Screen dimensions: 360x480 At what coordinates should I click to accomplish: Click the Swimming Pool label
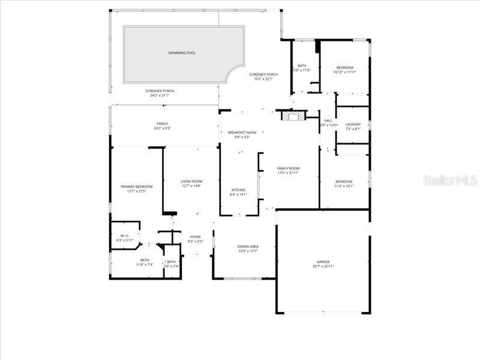point(182,53)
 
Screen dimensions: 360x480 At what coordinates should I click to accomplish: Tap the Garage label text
point(323,262)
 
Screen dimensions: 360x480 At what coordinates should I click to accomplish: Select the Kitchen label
point(238,190)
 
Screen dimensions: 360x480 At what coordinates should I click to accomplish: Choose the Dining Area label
point(248,247)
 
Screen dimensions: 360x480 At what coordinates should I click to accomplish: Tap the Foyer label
point(196,237)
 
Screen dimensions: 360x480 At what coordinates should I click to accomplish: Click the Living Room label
point(191,181)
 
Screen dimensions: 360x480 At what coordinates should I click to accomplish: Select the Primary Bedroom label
point(136,187)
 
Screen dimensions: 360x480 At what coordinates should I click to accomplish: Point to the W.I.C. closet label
point(125,236)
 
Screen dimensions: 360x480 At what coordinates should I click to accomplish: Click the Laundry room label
point(353,124)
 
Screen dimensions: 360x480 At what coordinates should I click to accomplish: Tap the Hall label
point(329,121)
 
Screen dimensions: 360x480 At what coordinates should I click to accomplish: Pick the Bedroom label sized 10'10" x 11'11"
point(344,68)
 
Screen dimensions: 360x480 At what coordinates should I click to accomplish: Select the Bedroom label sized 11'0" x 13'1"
point(344,182)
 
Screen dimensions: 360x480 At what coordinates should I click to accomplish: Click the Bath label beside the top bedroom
point(302,66)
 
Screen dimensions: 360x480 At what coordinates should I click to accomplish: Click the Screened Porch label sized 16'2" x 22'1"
point(263,74)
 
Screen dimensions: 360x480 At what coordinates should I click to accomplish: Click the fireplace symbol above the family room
point(295,116)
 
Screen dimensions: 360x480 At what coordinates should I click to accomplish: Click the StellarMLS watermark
point(449,180)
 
